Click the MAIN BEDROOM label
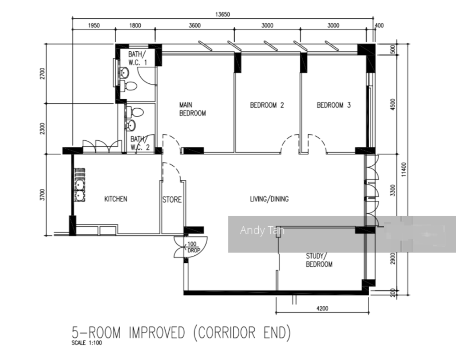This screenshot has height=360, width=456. point(192,109)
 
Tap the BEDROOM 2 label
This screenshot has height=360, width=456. point(267,106)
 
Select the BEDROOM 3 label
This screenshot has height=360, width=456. point(334,106)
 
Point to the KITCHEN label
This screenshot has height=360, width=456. point(115,199)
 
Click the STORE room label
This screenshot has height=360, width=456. point(171,200)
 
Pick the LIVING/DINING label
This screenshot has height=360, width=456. point(269,199)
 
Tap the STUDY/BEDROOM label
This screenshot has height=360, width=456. point(319,260)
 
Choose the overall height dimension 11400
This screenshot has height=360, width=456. point(404,169)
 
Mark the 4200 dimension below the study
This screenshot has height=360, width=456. point(322,308)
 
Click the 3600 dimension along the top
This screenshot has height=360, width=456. point(195,25)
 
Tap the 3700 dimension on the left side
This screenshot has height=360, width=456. point(43,195)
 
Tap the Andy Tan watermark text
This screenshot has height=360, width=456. point(262,230)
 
